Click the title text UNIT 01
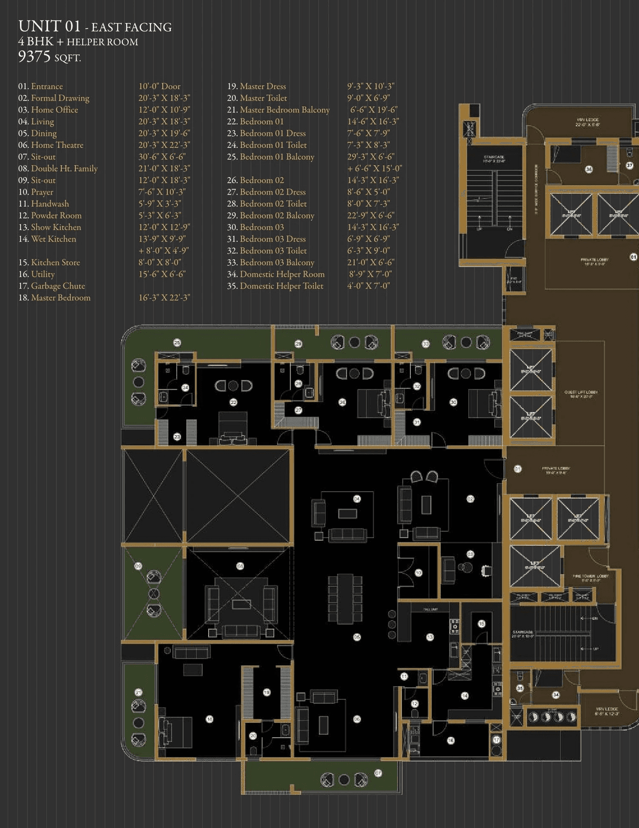coord(49,26)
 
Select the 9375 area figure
coord(34,56)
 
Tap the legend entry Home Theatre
coord(57,145)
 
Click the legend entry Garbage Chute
coord(58,285)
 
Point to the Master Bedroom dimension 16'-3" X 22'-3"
coord(164,297)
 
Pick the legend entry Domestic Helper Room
coord(282,274)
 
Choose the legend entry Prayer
coord(42,192)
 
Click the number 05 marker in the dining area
coord(357,637)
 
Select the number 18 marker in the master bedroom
coord(210,719)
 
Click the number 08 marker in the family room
coord(240,566)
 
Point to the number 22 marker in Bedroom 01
coord(233,402)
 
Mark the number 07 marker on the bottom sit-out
coord(378,773)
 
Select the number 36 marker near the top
coord(589,169)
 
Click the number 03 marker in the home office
coord(470,554)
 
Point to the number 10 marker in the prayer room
coord(418,573)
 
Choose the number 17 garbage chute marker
coord(496,740)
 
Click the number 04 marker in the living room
coord(357,499)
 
